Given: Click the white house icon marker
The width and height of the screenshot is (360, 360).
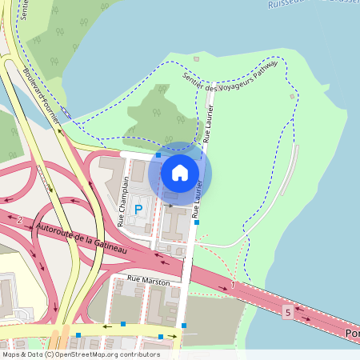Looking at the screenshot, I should (x=180, y=172).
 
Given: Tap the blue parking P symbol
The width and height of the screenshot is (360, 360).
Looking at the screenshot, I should (x=138, y=210).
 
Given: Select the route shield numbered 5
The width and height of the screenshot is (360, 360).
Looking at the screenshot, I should (x=287, y=310).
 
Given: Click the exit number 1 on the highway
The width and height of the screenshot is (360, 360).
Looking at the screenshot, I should (x=232, y=285).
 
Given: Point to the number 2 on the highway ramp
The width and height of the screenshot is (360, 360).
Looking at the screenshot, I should (x=19, y=219).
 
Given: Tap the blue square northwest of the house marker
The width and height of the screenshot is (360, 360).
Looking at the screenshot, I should (x=158, y=155).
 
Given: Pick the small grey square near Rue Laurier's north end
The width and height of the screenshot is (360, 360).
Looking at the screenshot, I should (x=195, y=58).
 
